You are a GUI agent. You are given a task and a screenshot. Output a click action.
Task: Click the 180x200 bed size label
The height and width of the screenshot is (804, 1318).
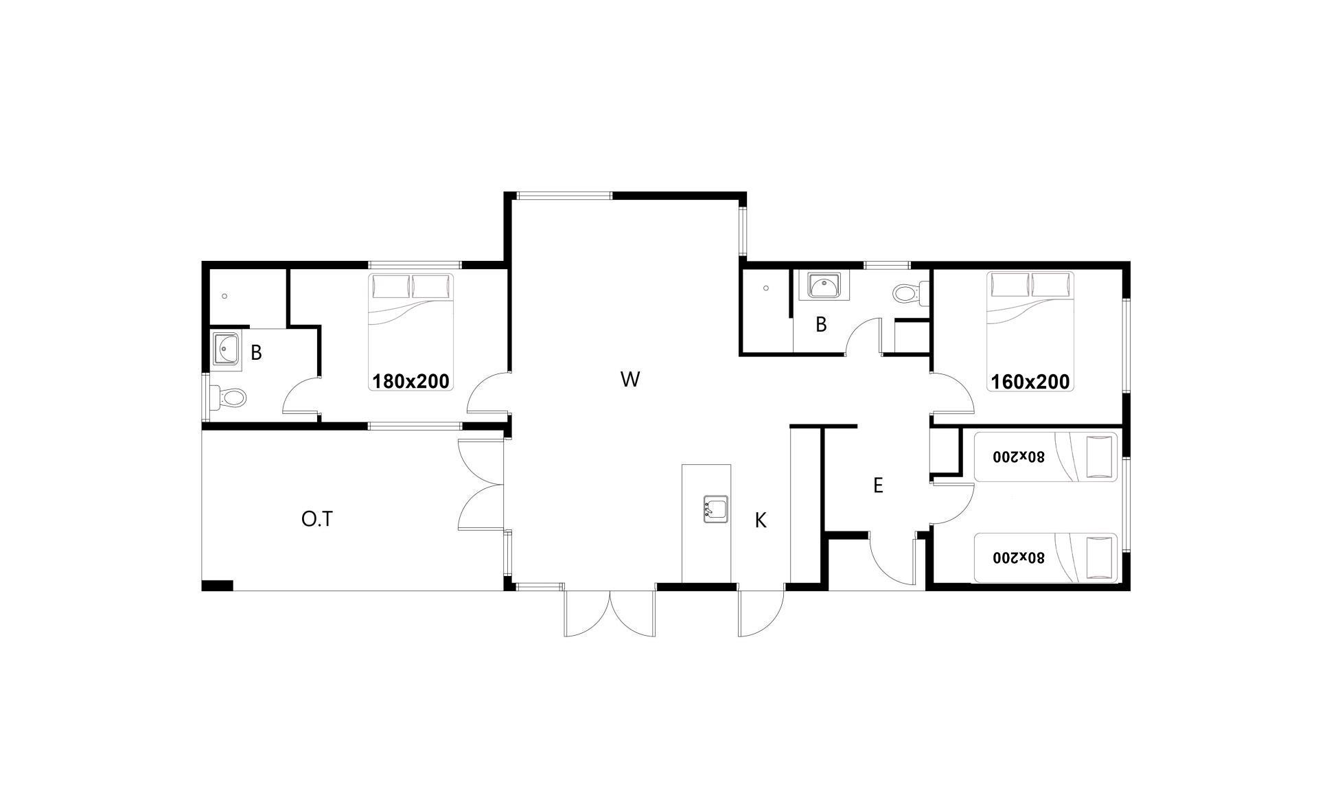tap(411, 381)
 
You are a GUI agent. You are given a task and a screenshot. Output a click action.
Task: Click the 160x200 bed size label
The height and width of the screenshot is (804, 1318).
tap(1030, 382)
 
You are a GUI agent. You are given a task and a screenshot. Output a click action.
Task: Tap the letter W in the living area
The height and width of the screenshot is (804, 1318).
tap(630, 379)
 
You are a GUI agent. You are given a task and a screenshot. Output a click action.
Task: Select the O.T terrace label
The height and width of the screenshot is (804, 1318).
tap(317, 519)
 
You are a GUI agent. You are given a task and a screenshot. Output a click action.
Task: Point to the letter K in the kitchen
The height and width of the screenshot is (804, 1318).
tap(761, 520)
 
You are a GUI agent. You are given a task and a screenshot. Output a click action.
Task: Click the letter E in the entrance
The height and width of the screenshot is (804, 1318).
tap(877, 485)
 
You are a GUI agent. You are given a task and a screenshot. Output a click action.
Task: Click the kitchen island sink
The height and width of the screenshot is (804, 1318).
tap(716, 509)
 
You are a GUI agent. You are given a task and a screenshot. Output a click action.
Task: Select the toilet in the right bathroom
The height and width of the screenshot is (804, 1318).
tap(911, 294)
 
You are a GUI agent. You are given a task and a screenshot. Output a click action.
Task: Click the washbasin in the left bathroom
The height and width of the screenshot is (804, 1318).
tap(226, 349)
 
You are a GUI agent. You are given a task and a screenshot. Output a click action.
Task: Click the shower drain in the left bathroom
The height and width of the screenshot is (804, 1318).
tap(224, 296)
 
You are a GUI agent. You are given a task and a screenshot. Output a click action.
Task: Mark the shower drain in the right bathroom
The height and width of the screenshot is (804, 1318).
tap(766, 288)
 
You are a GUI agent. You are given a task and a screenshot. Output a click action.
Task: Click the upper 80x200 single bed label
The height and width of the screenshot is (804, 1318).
tap(1019, 456)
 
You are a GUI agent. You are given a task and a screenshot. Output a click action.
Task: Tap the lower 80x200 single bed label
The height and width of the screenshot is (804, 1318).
tap(1019, 557)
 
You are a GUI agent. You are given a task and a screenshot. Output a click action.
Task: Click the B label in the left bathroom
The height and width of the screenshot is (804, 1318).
tap(256, 353)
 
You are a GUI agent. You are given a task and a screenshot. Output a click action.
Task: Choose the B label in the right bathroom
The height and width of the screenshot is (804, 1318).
tap(821, 325)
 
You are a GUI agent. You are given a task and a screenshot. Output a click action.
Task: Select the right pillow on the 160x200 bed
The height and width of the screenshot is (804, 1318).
tap(1052, 284)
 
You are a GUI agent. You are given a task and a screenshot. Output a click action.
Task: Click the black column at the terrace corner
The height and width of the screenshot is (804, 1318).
tap(218, 586)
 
